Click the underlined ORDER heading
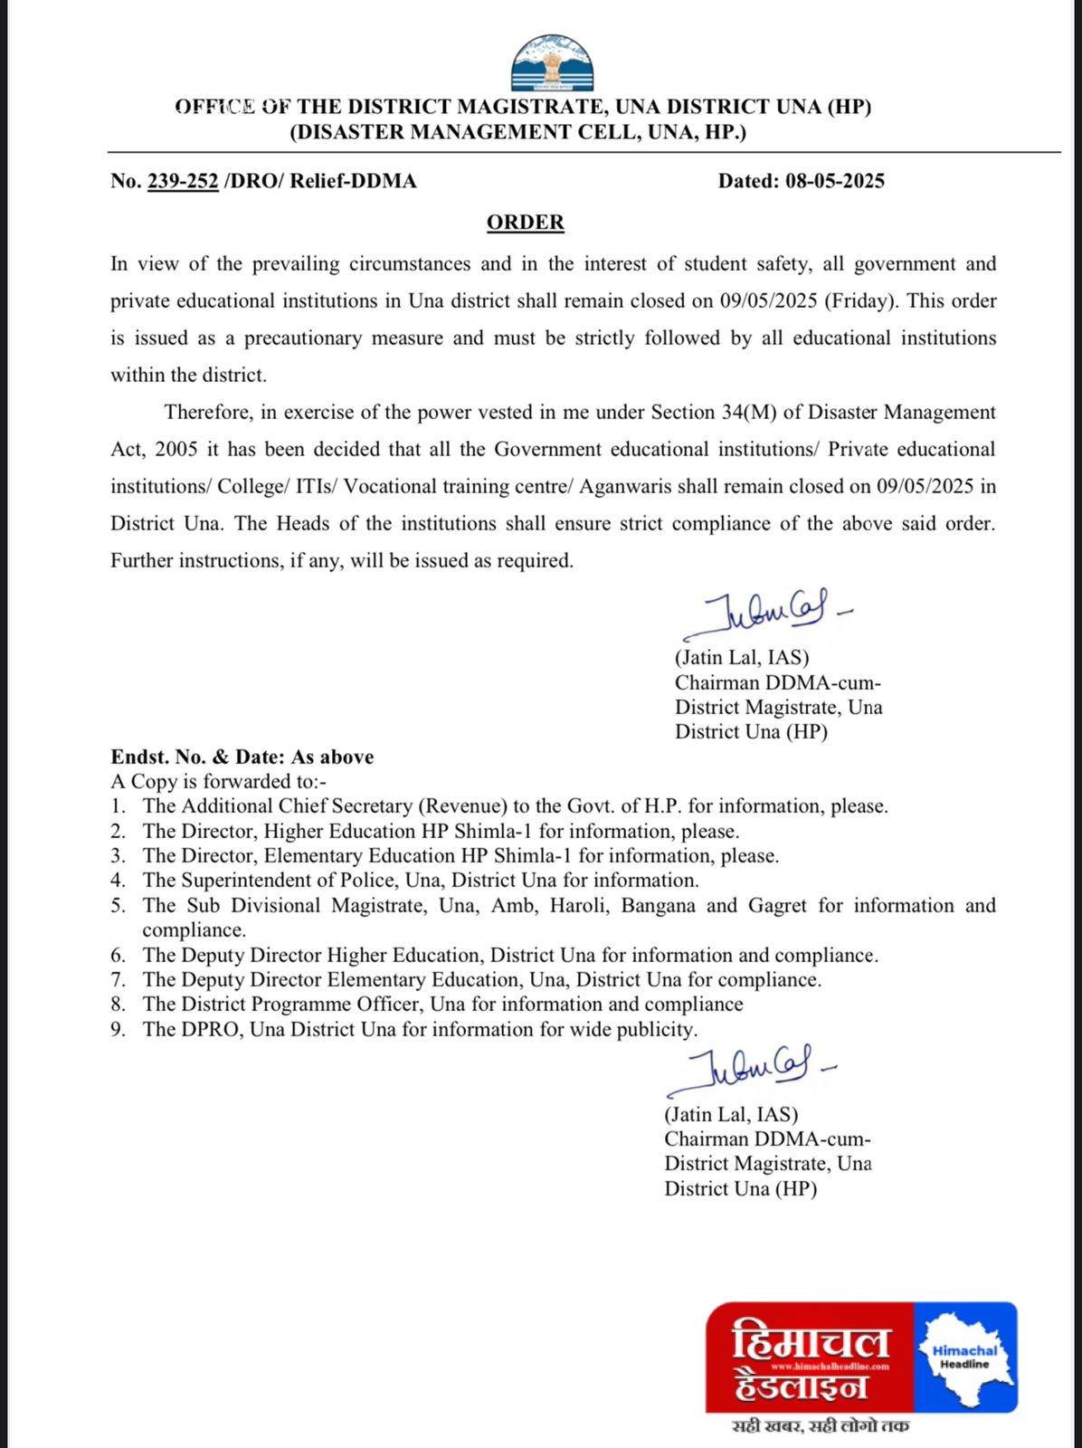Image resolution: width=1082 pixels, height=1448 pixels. tap(525, 223)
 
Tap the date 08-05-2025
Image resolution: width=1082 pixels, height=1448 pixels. tap(835, 181)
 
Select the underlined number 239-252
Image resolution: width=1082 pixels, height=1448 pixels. tap(183, 181)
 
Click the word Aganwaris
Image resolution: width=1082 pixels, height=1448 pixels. tap(623, 486)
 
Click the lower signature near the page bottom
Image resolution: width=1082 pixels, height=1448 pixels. tap(751, 1073)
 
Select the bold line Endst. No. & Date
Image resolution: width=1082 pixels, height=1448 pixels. tap(242, 757)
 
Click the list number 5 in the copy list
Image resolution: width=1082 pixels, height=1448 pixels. tap(118, 906)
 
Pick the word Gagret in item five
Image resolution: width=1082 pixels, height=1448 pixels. tap(777, 906)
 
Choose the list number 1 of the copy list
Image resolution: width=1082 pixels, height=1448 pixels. tap(118, 806)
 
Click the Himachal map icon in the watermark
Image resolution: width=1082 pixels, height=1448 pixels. tap(965, 1357)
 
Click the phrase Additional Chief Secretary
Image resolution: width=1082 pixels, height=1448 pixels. tap(275, 806)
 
